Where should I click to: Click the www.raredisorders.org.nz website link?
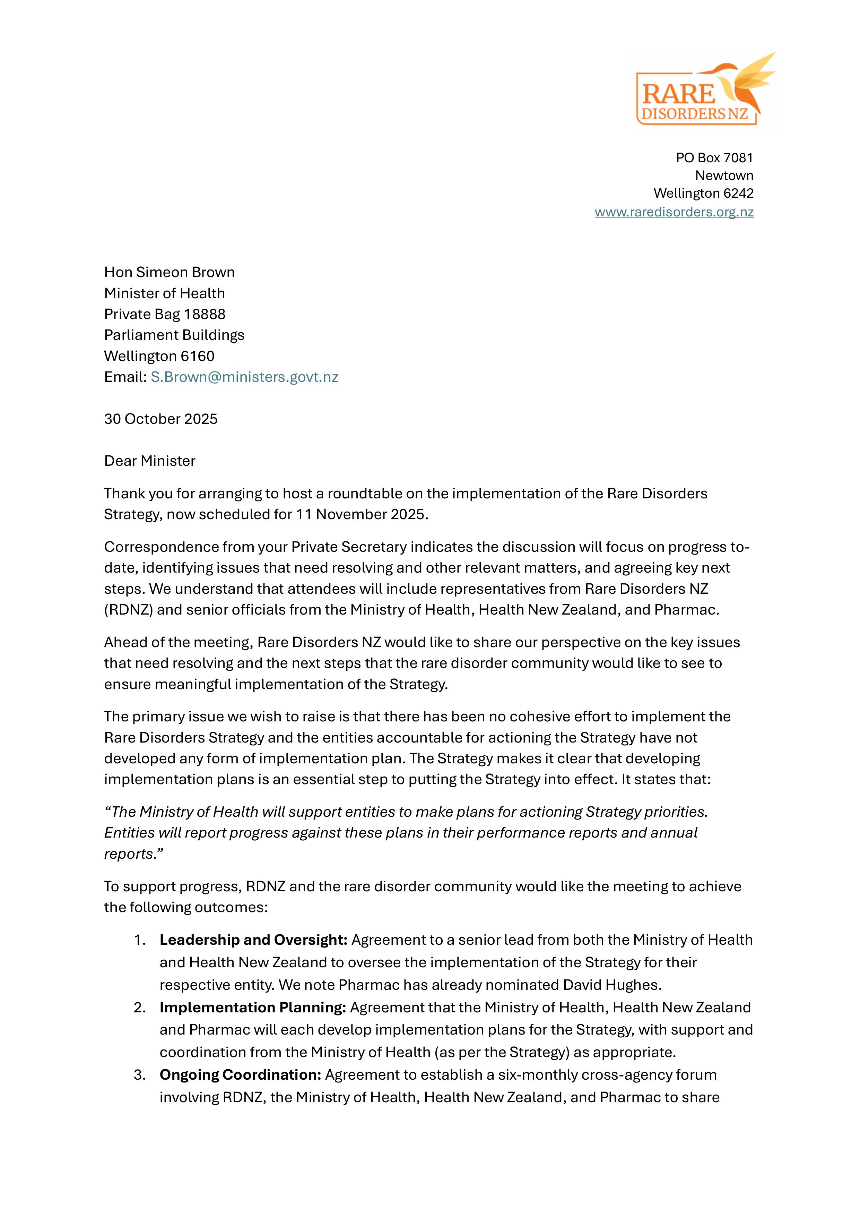click(x=674, y=212)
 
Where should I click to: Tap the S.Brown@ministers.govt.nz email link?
click(x=244, y=377)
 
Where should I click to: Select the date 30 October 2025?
click(x=160, y=419)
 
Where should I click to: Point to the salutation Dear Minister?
click(x=149, y=461)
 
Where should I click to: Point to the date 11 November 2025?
click(x=360, y=514)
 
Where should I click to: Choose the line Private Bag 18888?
click(x=164, y=314)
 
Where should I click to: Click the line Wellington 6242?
click(x=703, y=193)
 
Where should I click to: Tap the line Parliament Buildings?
click(x=174, y=335)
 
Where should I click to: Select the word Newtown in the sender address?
click(x=724, y=175)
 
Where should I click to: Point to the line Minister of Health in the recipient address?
click(x=164, y=293)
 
